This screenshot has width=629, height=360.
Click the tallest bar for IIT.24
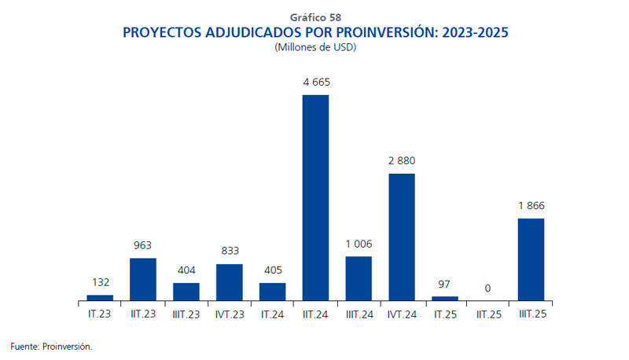tap(315, 197)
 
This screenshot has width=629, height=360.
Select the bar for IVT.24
tap(402, 237)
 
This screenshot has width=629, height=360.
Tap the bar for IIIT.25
tap(531, 259)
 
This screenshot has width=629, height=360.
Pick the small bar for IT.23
tap(100, 297)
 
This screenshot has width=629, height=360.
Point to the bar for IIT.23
tap(143, 279)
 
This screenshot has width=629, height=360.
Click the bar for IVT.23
tap(229, 282)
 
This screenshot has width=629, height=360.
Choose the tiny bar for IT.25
tap(445, 298)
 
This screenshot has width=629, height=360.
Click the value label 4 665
tap(315, 82)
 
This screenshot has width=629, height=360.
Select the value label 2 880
tap(402, 160)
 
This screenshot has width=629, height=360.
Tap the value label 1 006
tap(359, 244)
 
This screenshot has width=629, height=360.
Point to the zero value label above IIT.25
tap(487, 288)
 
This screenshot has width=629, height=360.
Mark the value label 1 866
tap(531, 205)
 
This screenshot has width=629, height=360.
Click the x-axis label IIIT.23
tap(186, 314)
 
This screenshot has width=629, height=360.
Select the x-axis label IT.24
tap(272, 314)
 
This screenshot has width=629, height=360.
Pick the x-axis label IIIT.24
tap(359, 314)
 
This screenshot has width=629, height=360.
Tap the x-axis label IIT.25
tap(487, 314)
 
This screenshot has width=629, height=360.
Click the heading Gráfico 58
tap(314, 17)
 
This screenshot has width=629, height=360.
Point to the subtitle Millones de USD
tap(314, 48)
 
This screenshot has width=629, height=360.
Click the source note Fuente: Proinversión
tap(51, 345)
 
